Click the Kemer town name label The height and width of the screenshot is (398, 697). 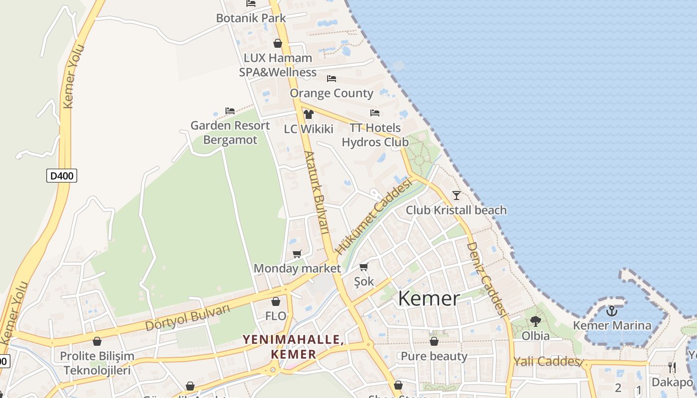tap(429, 298)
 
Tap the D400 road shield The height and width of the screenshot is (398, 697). tap(62, 175)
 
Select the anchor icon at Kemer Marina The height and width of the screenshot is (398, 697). tap(612, 311)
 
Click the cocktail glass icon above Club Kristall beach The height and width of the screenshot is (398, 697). tap(456, 196)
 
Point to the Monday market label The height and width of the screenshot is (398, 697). tap(297, 269)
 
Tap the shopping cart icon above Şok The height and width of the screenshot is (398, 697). tap(364, 267)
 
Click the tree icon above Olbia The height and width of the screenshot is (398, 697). tap(536, 321)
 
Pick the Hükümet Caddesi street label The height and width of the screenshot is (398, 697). tap(374, 217)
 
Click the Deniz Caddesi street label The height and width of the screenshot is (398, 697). tap(486, 279)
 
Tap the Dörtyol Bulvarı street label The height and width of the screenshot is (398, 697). tap(188, 317)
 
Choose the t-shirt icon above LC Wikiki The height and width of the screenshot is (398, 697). tap(309, 114)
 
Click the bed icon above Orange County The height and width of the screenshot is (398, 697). tap(332, 79)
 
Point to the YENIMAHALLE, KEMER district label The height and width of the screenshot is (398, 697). tap(293, 347)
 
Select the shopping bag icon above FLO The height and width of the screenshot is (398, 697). tap(276, 301)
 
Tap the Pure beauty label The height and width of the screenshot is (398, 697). tap(434, 356)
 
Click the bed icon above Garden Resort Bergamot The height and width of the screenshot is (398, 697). tap(230, 111)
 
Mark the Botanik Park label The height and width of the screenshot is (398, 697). tap(251, 18)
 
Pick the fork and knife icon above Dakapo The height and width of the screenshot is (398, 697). tap(672, 368)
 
